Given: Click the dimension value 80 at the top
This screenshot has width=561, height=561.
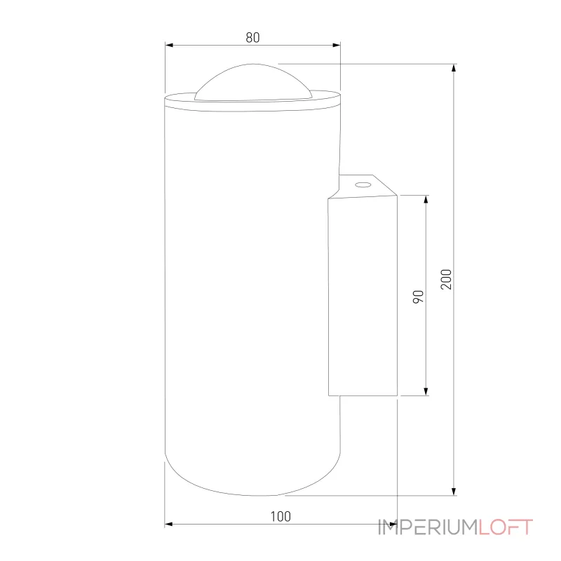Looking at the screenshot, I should click(252, 38).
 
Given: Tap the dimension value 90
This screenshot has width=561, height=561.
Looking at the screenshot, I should click(418, 296).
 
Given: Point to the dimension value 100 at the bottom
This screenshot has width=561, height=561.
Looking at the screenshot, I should click(280, 517).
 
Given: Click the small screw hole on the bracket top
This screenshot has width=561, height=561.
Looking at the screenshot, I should click(363, 185).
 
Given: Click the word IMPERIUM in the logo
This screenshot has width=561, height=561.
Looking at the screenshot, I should click(428, 527).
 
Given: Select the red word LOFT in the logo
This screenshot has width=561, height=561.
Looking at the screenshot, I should click(506, 527).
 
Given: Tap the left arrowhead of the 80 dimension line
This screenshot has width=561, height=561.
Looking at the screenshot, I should click(169, 45).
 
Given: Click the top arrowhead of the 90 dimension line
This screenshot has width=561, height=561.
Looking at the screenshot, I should click(425, 199).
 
